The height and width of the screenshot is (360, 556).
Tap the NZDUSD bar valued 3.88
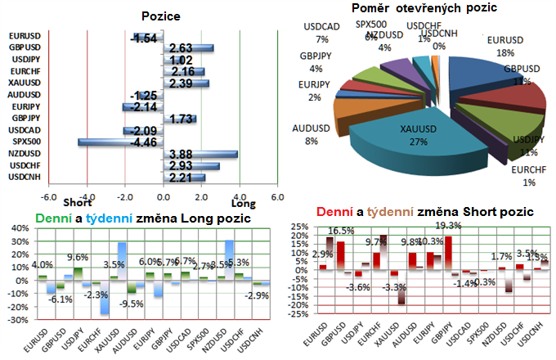[x=201, y=154]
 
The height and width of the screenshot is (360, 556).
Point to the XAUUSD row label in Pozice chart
[x=22, y=83]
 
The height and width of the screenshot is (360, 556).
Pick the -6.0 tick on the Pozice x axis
[x=49, y=196]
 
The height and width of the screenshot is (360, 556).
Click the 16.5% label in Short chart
[x=341, y=232]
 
